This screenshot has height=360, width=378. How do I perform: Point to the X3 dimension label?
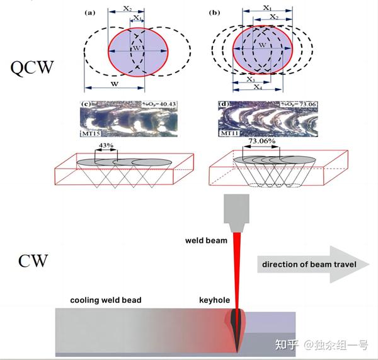pyautogui.click(x=251, y=79)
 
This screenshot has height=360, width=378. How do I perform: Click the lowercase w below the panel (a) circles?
pyautogui.click(x=115, y=83)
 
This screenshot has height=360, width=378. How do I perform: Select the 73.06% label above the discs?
pyautogui.click(x=261, y=142)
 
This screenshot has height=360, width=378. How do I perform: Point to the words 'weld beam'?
pyautogui.click(x=205, y=240)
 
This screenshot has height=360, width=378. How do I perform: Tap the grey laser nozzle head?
pyautogui.click(x=237, y=210)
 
